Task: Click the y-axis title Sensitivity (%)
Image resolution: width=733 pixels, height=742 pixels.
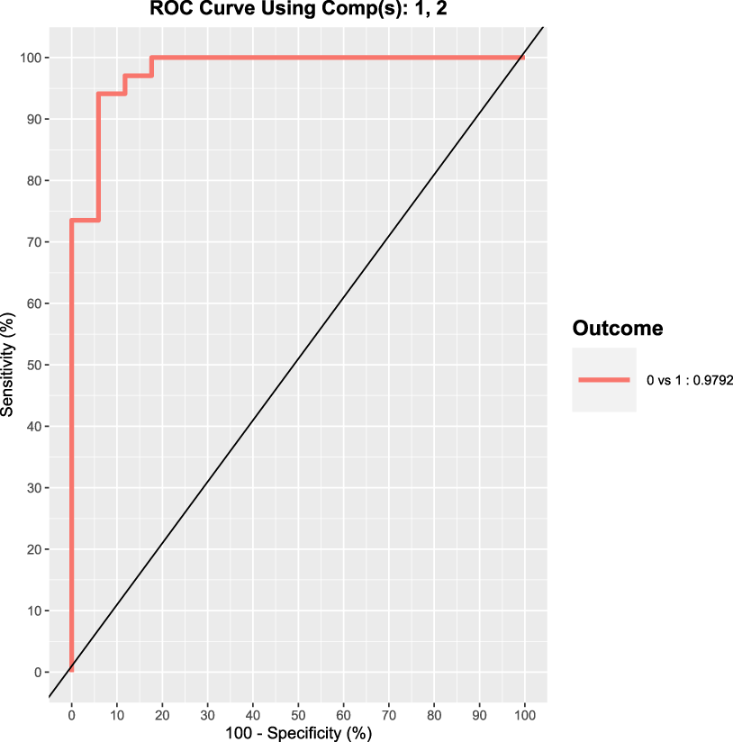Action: click(x=8, y=365)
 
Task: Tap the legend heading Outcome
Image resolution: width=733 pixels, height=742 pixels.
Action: click(x=618, y=329)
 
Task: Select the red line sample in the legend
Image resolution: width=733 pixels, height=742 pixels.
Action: click(x=604, y=380)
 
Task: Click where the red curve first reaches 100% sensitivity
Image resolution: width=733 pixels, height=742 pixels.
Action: click(x=151, y=58)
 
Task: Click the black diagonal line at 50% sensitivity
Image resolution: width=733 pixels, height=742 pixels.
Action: click(x=298, y=365)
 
